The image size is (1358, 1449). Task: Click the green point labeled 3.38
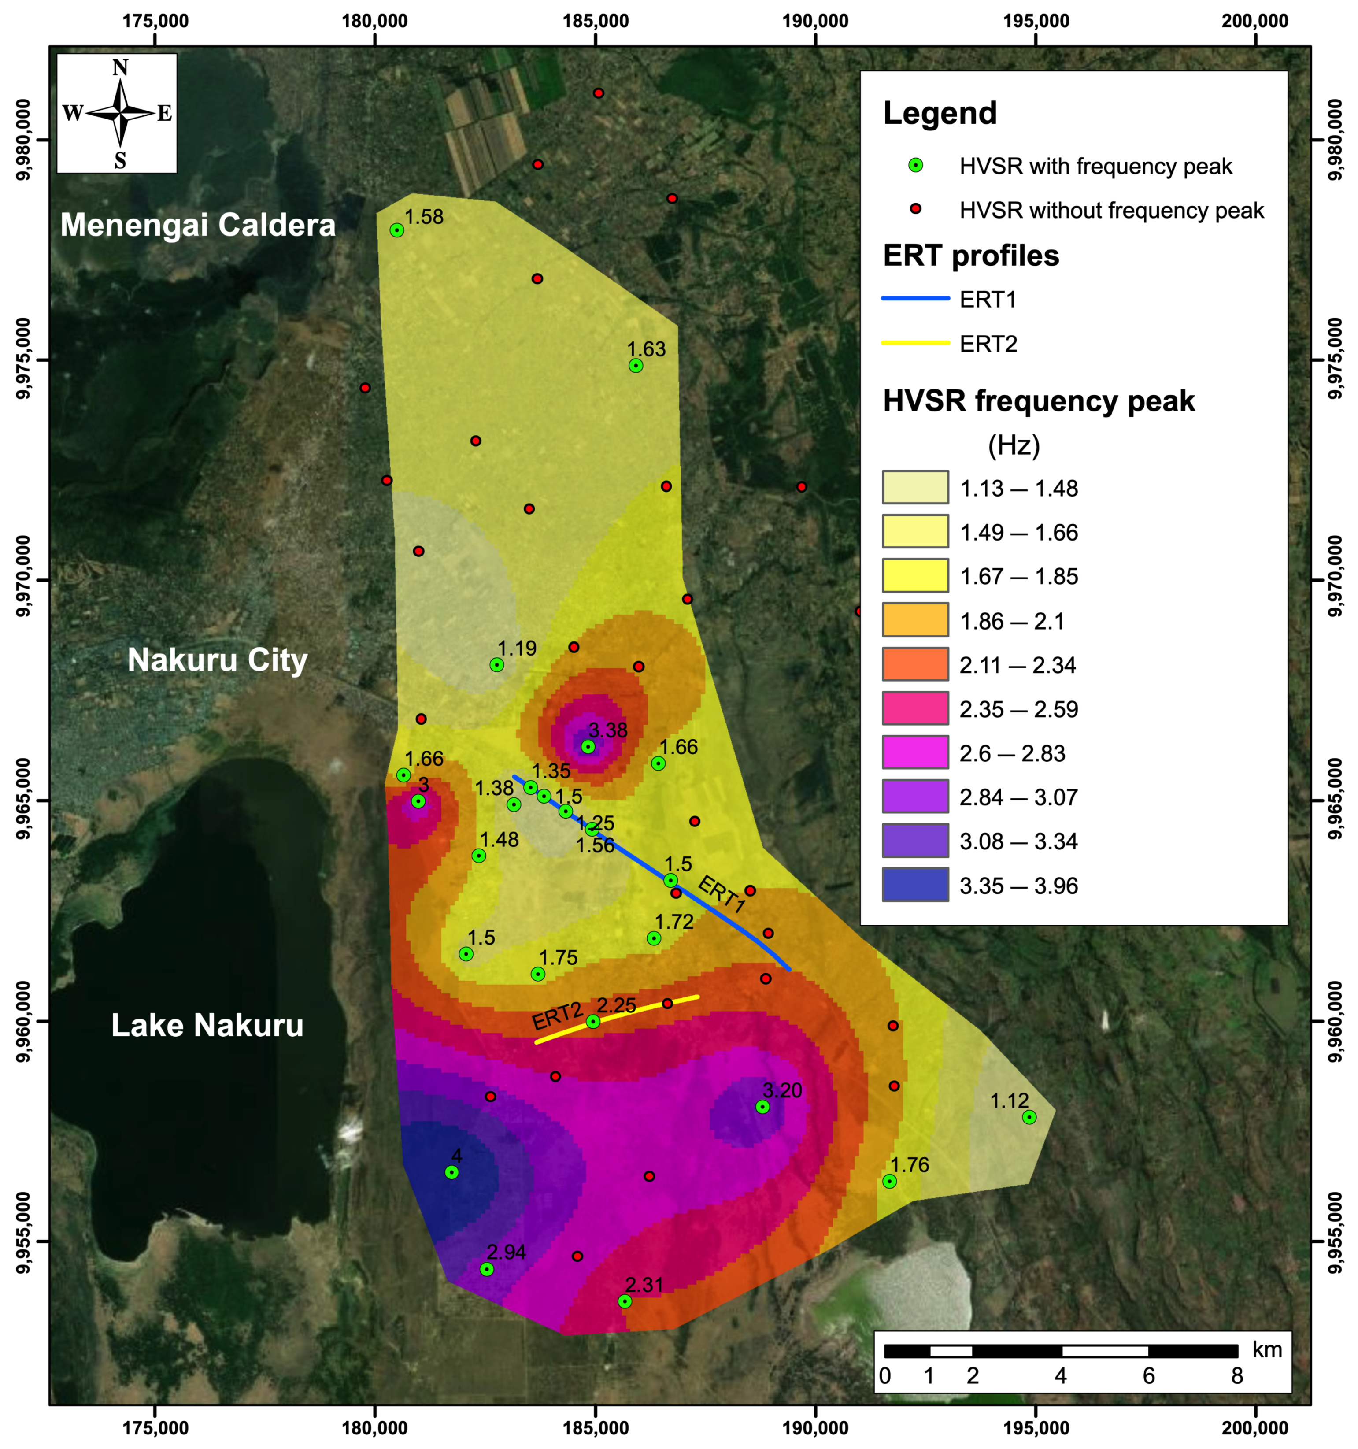tap(588, 746)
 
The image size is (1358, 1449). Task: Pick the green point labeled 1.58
tap(396, 230)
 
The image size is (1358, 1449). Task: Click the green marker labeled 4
tap(452, 1172)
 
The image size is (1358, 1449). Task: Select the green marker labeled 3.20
tap(762, 1106)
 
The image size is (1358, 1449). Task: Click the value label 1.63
tap(647, 349)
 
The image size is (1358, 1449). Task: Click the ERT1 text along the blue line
tap(722, 894)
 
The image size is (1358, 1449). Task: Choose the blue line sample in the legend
tap(916, 299)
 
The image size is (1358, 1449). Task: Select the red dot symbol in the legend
tap(916, 210)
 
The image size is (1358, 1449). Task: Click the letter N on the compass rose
tap(120, 68)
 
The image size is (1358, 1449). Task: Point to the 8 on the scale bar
tap(1236, 1376)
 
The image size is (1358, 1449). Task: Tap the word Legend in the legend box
tap(940, 113)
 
